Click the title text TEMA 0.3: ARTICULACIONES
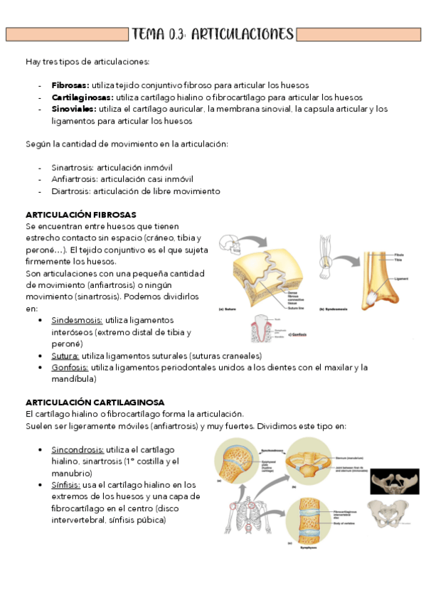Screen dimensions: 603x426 point(213,34)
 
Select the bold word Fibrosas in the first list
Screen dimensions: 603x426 point(69,85)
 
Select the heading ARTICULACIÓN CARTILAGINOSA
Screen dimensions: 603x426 point(95,402)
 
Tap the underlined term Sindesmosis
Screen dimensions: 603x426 point(77,321)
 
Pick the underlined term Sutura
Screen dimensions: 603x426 point(65,356)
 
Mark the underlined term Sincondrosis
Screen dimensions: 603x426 point(78,450)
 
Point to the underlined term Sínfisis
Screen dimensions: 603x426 point(65,485)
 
